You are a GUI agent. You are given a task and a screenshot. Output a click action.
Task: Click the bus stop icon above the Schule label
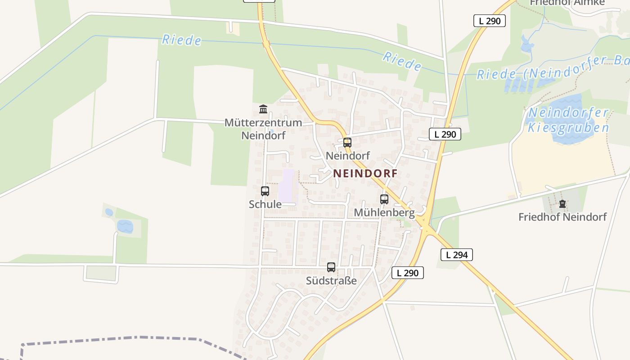265,191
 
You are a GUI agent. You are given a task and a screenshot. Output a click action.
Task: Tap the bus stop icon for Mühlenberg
384,199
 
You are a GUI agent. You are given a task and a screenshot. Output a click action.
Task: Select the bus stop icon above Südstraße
331,267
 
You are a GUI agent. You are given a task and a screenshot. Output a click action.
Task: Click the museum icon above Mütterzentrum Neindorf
263,109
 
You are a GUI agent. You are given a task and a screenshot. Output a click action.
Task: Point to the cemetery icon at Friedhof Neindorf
562,204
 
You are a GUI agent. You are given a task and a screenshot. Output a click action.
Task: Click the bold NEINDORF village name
365,173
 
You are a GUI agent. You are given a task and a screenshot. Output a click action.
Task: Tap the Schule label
265,204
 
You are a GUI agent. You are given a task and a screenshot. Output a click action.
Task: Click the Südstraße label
331,281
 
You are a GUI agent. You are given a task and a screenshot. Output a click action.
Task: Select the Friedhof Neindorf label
562,217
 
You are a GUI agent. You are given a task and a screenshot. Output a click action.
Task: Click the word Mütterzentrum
263,122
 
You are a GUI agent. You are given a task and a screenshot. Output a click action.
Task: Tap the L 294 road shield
456,255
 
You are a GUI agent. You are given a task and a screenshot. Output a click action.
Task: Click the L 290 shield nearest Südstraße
407,273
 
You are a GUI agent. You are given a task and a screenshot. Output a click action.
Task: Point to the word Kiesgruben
568,128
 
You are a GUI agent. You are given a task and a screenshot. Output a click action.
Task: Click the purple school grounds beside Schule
287,185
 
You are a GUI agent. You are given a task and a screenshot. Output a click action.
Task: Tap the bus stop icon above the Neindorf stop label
347,143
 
